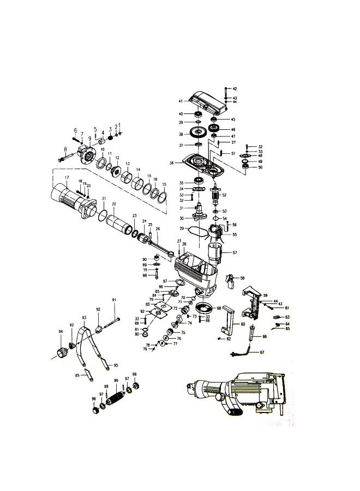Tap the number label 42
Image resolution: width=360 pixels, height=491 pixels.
click(x=235, y=88)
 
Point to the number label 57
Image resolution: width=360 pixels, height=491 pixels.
click(x=235, y=253)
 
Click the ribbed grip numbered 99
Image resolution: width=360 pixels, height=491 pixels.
click(x=116, y=394)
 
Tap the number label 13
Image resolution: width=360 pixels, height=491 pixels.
click(x=128, y=164)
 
